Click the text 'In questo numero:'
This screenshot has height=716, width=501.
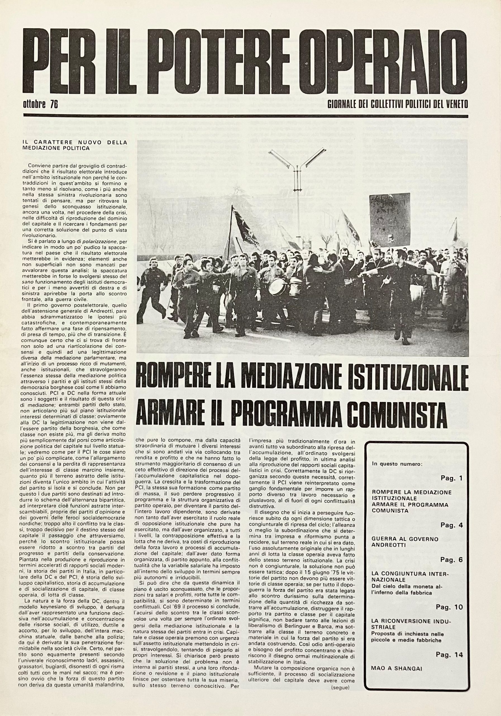tap(397, 464)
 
